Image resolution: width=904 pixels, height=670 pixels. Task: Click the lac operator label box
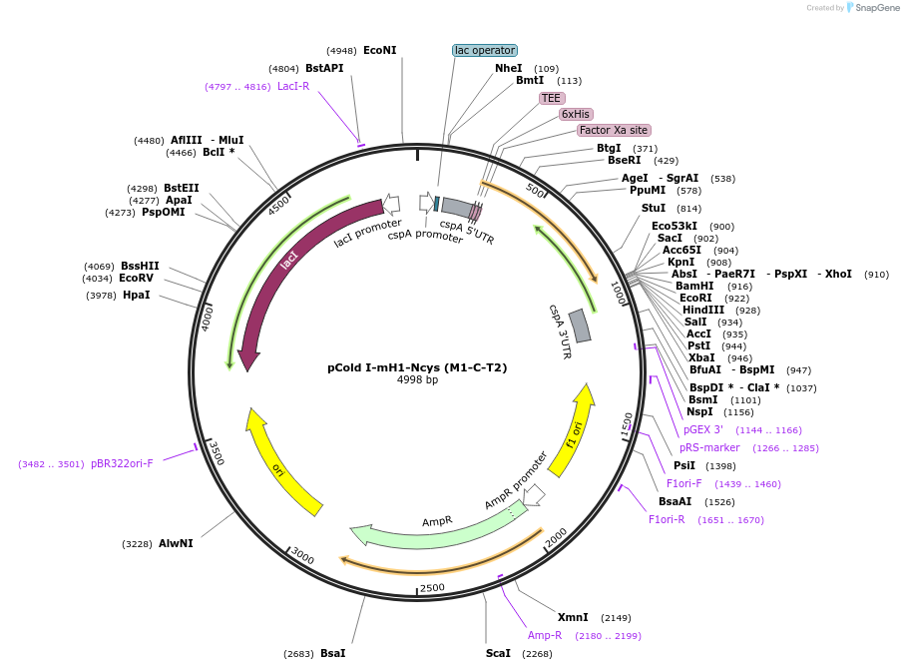pos(485,50)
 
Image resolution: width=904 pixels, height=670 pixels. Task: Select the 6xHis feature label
pos(576,114)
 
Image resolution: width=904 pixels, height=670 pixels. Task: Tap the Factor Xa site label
pos(614,131)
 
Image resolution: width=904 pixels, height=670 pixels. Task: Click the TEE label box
pos(551,98)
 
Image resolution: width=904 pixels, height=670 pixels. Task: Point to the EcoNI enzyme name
pos(380,50)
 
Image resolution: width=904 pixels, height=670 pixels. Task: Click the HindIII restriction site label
pos(703,310)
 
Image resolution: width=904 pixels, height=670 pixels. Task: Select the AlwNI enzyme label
pos(176,543)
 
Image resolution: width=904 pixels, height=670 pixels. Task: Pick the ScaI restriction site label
pos(498,653)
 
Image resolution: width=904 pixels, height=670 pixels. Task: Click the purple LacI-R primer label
pos(293,86)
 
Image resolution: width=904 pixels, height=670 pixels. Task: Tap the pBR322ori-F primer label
pos(122,463)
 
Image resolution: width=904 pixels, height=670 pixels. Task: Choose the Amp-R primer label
pos(544,635)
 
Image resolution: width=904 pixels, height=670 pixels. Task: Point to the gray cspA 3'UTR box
pos(580,327)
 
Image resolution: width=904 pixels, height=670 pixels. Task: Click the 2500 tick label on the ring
pos(432,587)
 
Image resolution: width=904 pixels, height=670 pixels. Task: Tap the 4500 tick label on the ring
pos(278,205)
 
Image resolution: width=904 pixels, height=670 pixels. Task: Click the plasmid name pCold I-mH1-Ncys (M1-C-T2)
pos(417,367)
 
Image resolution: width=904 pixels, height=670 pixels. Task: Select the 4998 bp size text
pos(417,379)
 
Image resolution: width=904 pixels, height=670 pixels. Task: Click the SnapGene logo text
pos(877,8)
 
